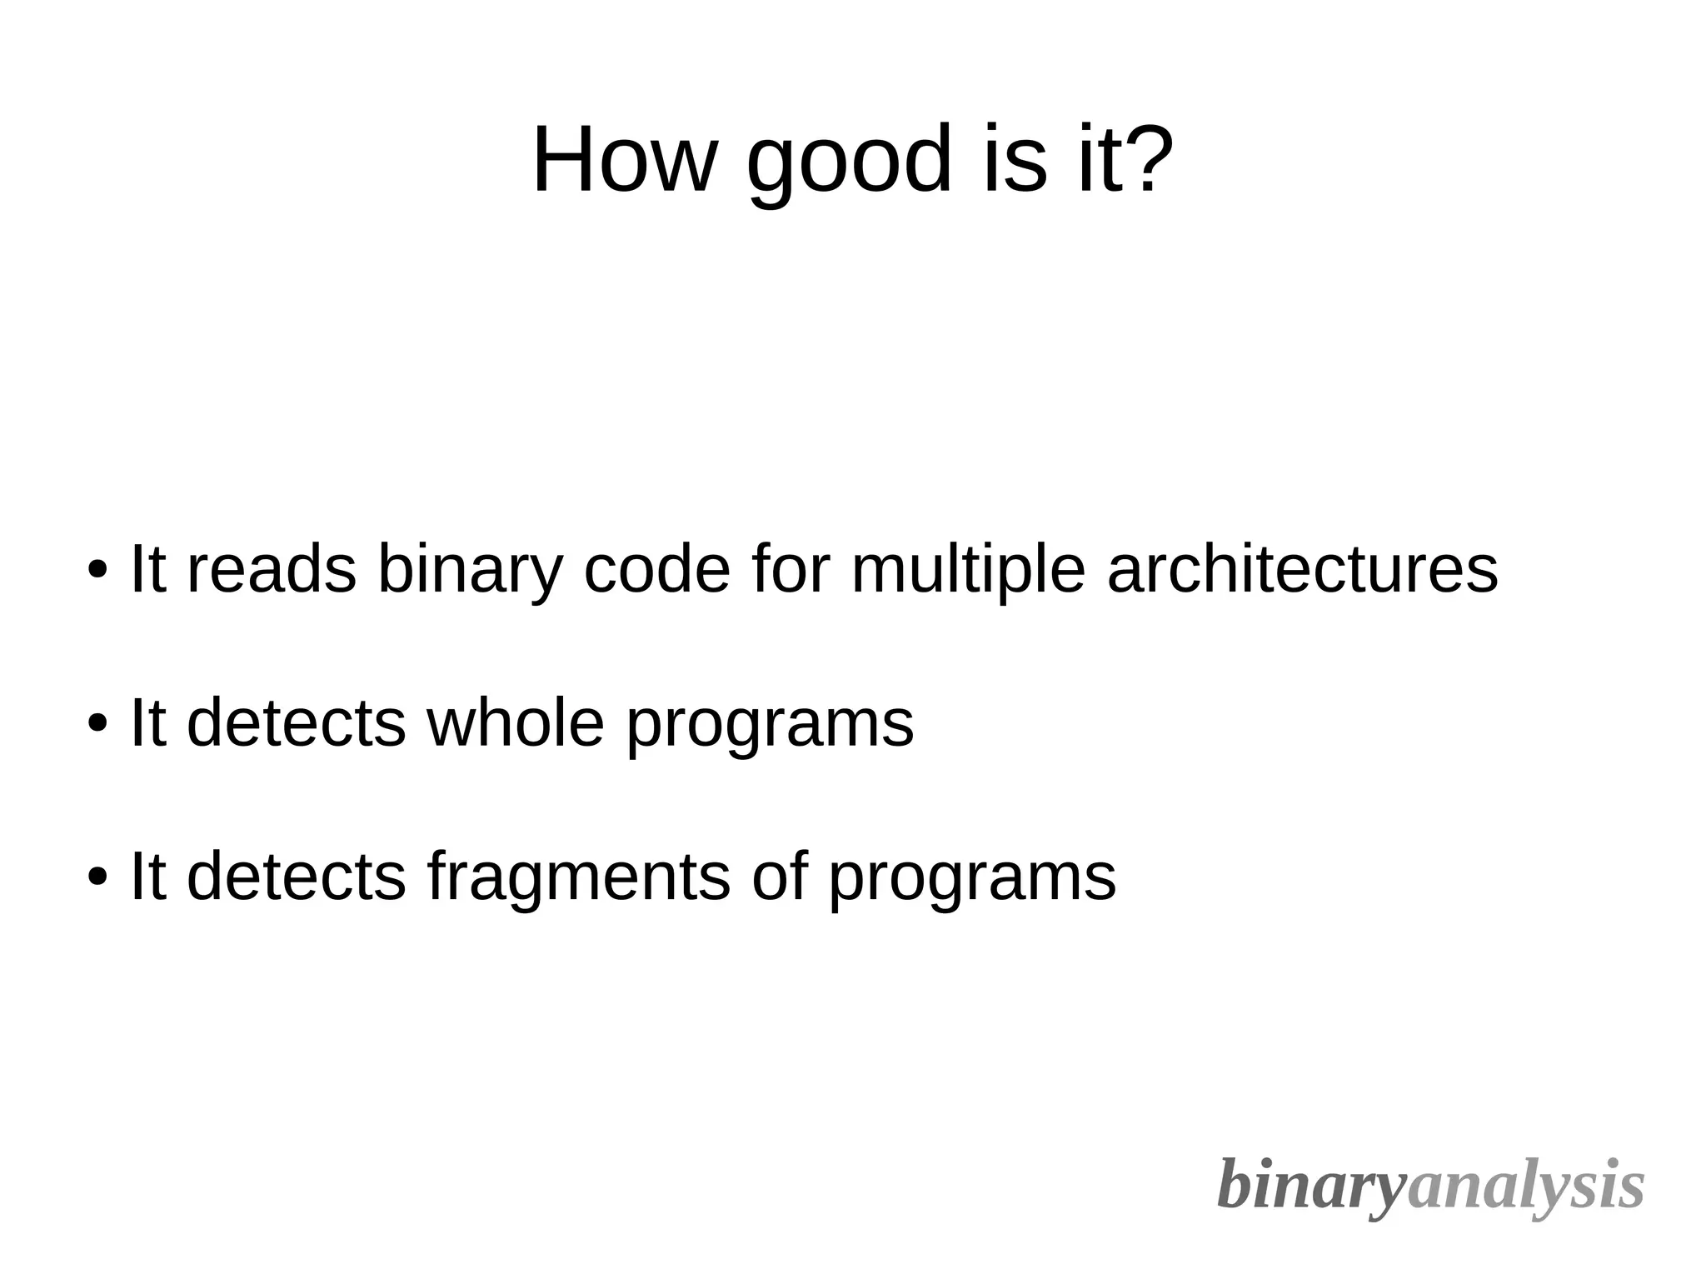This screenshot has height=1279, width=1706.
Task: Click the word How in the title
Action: [x=624, y=159]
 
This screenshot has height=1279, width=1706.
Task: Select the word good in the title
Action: [x=849, y=162]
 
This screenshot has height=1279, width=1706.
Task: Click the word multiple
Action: [x=968, y=573]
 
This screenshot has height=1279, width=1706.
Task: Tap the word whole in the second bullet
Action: [x=516, y=722]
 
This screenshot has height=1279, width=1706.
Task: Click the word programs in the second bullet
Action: [x=770, y=727]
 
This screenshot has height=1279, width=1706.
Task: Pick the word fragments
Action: [x=578, y=879]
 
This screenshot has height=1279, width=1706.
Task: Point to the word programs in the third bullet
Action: [x=972, y=880]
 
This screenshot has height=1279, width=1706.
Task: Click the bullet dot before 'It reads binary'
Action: [x=97, y=572]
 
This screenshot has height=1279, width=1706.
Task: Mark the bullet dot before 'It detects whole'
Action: [x=97, y=724]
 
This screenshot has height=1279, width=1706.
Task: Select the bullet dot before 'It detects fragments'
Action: [x=97, y=877]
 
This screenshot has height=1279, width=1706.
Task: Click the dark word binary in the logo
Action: [x=1311, y=1187]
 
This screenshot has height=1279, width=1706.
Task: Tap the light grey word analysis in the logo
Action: [x=1525, y=1187]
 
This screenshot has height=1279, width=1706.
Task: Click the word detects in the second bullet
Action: [x=297, y=722]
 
